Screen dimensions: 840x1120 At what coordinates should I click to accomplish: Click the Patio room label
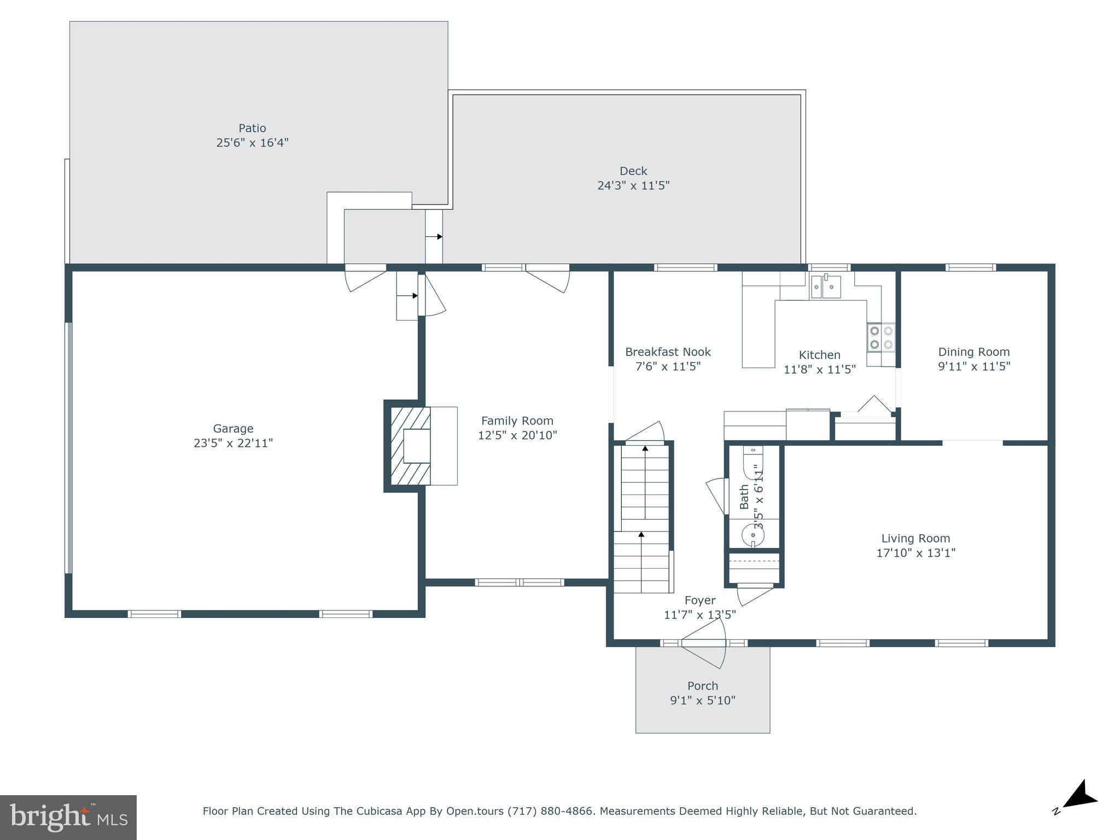coord(252,128)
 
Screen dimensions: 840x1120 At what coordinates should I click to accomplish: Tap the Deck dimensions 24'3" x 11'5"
coord(633,185)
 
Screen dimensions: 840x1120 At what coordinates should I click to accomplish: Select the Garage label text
coord(233,429)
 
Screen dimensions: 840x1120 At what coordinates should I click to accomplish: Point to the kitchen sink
coord(825,287)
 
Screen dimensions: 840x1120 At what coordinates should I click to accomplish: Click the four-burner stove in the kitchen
coord(880,337)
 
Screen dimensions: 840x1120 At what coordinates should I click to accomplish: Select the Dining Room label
coord(974,352)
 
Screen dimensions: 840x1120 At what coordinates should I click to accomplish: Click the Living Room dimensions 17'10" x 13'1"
coord(915,553)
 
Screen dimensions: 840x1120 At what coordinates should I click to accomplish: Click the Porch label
coord(703,686)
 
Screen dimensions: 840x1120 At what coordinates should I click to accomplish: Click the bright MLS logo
coord(68,817)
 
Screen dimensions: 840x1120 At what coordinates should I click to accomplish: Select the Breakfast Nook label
coord(668,352)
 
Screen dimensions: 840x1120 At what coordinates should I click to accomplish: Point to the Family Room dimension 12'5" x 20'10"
coord(517,435)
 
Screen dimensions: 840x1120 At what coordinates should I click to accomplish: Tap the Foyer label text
coord(700,600)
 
